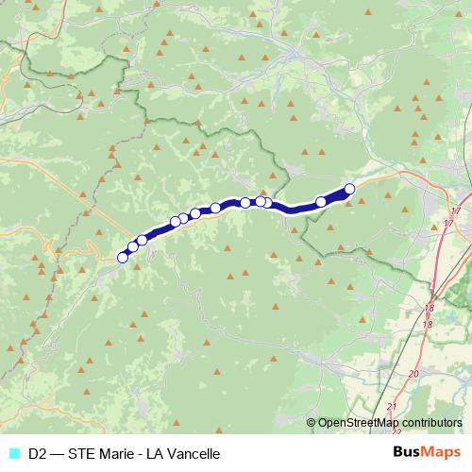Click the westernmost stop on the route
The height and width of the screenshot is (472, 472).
pos(122,257)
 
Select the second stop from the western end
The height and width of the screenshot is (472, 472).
pos(133,247)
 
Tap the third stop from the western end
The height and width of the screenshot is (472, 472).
pos(142,240)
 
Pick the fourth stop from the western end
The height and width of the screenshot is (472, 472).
pos(175,223)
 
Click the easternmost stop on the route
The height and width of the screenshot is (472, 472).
pos(349,188)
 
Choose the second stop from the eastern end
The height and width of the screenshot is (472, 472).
pos(321,201)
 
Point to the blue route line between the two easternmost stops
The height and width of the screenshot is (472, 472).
pos(336,194)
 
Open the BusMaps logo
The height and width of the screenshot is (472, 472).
pos(427,453)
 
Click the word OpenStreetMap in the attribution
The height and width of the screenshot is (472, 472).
pos(358,423)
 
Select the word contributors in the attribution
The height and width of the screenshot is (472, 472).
pos(431,423)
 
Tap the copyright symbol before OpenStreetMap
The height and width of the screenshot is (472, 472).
pos(312,423)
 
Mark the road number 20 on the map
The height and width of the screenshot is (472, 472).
pos(413,374)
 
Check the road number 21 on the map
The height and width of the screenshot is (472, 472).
pos(391,407)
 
